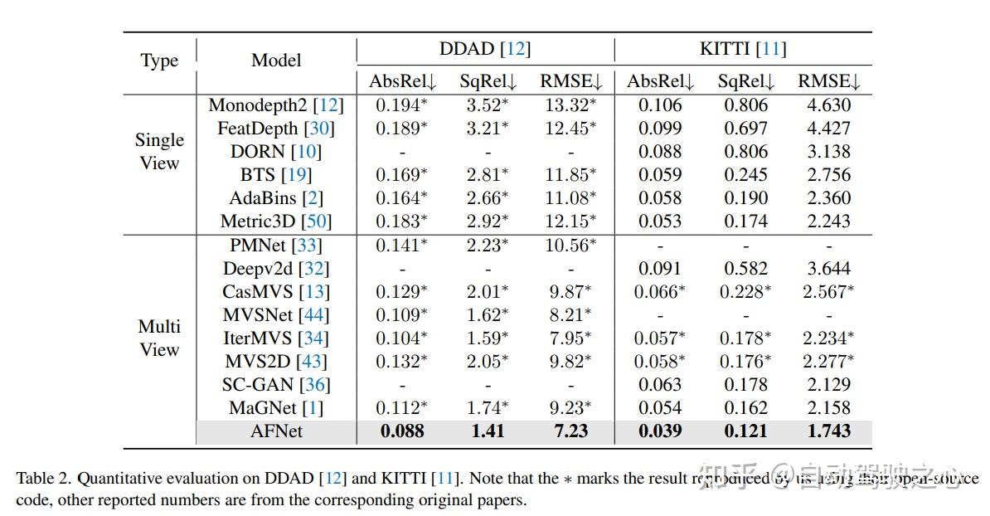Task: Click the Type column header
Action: click(159, 61)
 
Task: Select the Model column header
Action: click(276, 61)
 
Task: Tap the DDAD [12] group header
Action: click(484, 49)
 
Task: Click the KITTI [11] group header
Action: click(742, 49)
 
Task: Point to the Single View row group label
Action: click(159, 152)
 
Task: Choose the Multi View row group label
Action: click(159, 338)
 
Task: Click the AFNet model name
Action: click(276, 431)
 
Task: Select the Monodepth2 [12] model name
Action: click(276, 105)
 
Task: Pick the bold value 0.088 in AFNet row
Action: click(402, 431)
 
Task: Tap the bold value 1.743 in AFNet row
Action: click(828, 431)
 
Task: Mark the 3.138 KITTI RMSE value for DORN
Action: click(828, 152)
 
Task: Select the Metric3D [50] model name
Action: click(276, 221)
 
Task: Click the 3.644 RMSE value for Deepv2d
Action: click(828, 269)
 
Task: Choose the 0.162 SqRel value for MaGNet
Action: click(745, 408)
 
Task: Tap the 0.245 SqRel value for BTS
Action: click(745, 175)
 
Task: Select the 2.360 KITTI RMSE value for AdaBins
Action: click(828, 198)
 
